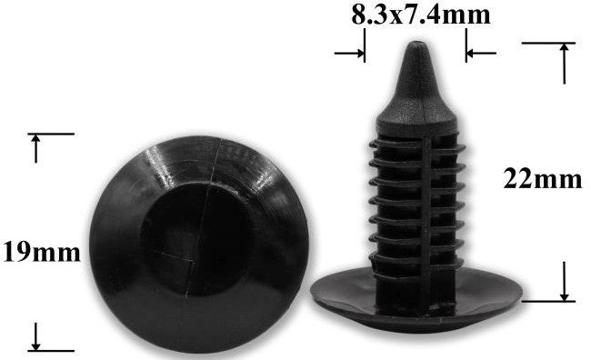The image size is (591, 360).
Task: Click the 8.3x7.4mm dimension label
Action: click(421, 15)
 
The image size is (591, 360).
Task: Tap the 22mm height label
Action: click(543, 179)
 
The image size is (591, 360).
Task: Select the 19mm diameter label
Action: click(42, 253)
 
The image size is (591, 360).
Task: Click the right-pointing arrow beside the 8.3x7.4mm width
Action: click(349, 53)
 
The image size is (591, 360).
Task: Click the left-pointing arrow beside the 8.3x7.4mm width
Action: click(481, 53)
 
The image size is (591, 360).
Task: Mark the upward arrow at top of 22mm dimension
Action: click(564, 64)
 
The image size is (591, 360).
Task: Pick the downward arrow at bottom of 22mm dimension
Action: click(564, 281)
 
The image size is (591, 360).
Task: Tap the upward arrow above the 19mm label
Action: click(35, 148)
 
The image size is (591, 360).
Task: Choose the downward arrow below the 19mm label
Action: click(35, 336)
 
